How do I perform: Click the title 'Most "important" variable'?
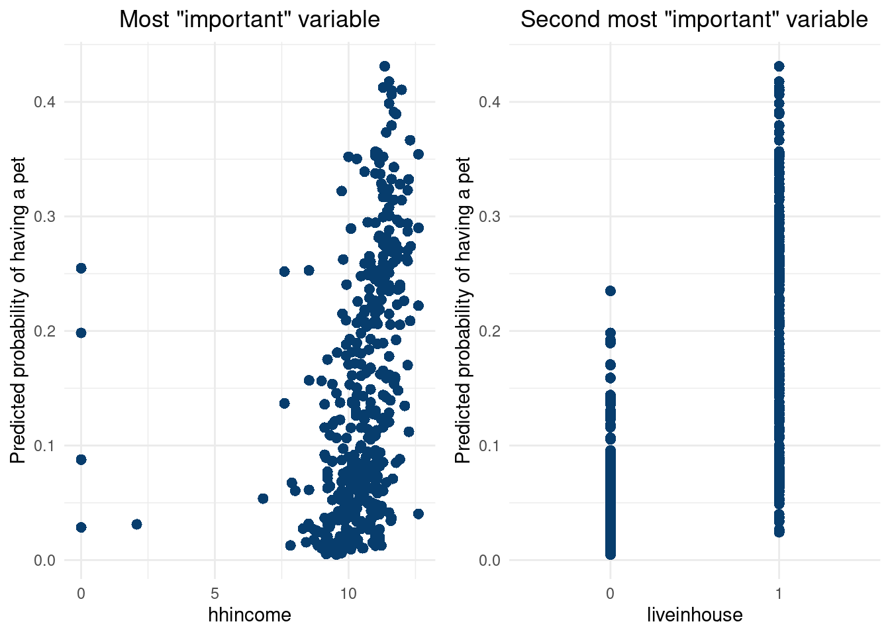tap(250, 20)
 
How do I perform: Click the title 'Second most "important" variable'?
tap(694, 20)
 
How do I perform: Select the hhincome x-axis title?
tap(250, 615)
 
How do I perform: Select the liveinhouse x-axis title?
tap(695, 615)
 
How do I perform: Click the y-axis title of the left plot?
tap(18, 310)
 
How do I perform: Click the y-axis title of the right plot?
tap(463, 310)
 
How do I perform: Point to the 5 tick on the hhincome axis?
tap(215, 594)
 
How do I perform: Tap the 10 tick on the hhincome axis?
tap(348, 594)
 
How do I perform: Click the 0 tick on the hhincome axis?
tap(81, 594)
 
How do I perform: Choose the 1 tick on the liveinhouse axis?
tap(779, 594)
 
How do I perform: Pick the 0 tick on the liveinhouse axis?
tap(610, 594)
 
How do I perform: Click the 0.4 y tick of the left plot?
tap(45, 102)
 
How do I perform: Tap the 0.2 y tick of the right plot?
tap(490, 331)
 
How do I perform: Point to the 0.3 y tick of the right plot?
tap(490, 217)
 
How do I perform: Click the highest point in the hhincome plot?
tap(385, 66)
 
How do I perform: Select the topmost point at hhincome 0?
tap(81, 268)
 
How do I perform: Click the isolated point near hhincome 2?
tap(136, 524)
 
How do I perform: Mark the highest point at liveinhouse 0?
tap(610, 291)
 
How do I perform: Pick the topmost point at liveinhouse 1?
tap(779, 66)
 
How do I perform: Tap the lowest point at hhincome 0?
tap(81, 527)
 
